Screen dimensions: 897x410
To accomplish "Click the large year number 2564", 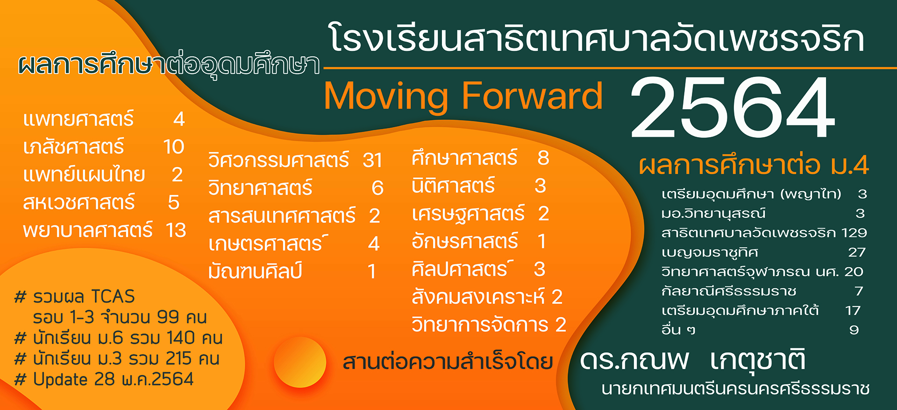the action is click(x=733, y=107).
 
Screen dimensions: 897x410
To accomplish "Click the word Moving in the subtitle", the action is click(x=385, y=97).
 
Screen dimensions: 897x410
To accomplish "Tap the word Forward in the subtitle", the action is click(x=532, y=96).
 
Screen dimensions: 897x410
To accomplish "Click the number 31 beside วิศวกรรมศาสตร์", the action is click(x=372, y=160).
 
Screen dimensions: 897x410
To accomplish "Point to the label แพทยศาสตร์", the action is click(x=78, y=119).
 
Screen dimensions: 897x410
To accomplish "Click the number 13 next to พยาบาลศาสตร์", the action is click(x=176, y=230).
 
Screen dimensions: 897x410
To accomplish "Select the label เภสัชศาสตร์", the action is click(x=74, y=146).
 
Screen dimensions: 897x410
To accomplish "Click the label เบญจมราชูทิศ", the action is click(x=710, y=252).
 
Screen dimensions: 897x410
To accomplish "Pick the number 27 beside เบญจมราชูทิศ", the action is click(x=857, y=252).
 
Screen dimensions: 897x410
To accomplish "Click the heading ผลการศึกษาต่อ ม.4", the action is click(x=754, y=165).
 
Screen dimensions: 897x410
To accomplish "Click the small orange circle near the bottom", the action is click(x=300, y=362).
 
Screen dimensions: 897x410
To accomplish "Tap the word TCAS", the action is click(x=113, y=297).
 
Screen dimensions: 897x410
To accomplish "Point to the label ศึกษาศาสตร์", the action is click(x=464, y=158).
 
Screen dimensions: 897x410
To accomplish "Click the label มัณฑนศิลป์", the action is click(x=256, y=271).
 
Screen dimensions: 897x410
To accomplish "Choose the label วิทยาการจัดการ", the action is click(x=480, y=325).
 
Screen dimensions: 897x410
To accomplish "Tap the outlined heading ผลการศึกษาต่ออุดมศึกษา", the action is click(x=169, y=64).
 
